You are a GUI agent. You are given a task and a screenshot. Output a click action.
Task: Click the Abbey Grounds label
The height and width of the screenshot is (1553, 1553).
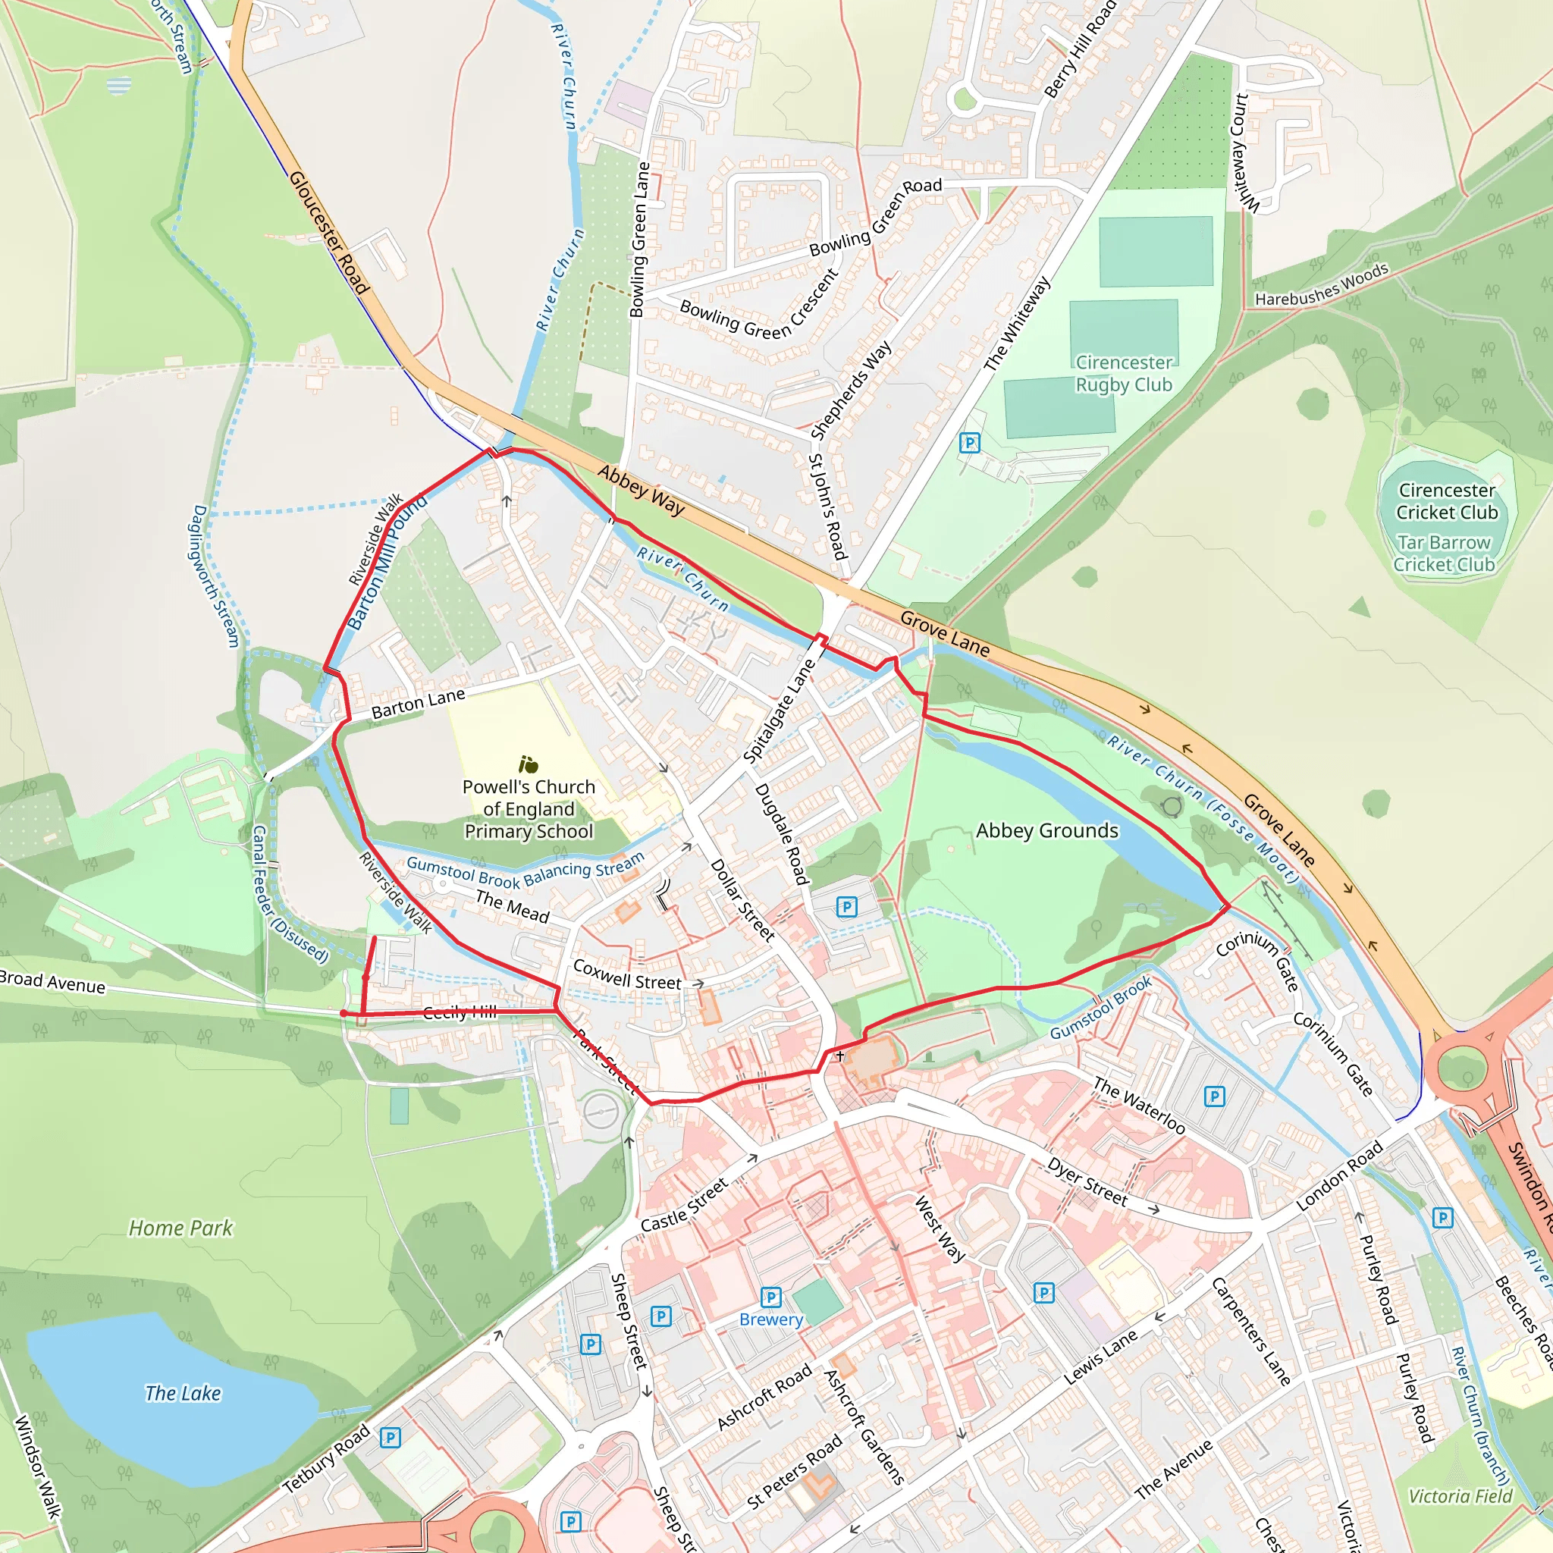click(x=1046, y=830)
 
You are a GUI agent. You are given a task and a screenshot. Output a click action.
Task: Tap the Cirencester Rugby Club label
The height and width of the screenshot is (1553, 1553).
click(x=1124, y=374)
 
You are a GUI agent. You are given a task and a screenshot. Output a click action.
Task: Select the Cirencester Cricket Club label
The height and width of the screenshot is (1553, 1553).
click(x=1447, y=500)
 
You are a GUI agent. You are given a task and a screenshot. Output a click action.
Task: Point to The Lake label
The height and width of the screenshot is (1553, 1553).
click(x=183, y=1393)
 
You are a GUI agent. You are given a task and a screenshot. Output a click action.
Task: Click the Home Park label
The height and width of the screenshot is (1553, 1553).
click(x=181, y=1228)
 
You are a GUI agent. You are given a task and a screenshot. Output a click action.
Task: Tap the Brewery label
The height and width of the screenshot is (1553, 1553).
click(x=771, y=1319)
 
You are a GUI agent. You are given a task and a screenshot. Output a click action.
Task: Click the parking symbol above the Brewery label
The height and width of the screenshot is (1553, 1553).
click(x=771, y=1297)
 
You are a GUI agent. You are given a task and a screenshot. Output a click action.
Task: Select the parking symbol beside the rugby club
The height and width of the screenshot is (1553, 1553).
click(x=970, y=442)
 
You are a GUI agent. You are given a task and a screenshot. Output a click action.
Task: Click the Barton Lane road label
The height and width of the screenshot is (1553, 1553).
click(x=418, y=704)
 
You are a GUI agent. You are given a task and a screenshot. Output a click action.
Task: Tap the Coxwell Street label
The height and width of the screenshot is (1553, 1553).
click(x=627, y=975)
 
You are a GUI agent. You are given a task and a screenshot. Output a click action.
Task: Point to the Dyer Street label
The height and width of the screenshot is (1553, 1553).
click(x=1087, y=1181)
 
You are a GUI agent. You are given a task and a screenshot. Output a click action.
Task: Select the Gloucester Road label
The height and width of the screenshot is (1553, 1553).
click(x=329, y=232)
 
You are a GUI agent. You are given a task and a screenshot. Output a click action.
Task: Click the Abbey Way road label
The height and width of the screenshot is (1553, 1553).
click(x=641, y=491)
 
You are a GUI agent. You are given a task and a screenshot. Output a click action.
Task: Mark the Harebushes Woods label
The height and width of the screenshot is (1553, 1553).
click(x=1322, y=285)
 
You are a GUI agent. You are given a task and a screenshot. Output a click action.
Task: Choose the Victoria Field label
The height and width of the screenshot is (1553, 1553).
click(x=1460, y=1495)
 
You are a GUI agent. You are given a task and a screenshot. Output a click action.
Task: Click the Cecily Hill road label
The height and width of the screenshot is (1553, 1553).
click(x=460, y=1012)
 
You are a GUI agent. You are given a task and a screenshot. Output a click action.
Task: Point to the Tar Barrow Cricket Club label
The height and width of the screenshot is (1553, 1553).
click(x=1444, y=554)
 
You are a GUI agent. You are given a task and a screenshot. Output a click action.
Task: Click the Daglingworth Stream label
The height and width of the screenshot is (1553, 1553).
click(x=216, y=576)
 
